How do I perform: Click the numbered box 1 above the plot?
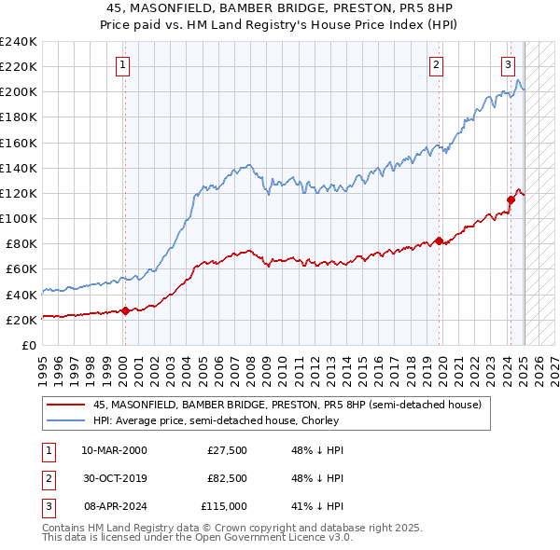coord(124,64)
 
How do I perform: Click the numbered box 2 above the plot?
coord(436,64)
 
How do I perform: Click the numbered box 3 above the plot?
coord(507,64)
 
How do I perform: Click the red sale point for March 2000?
coord(124,311)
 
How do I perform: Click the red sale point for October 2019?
coord(437,241)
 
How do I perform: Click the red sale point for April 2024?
coord(511,199)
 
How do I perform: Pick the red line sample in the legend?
coord(66,405)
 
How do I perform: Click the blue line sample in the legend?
coord(66,420)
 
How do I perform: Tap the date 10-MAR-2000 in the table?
coord(114,450)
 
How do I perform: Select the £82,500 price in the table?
coord(227,478)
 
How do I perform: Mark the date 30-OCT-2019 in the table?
coord(114,478)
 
